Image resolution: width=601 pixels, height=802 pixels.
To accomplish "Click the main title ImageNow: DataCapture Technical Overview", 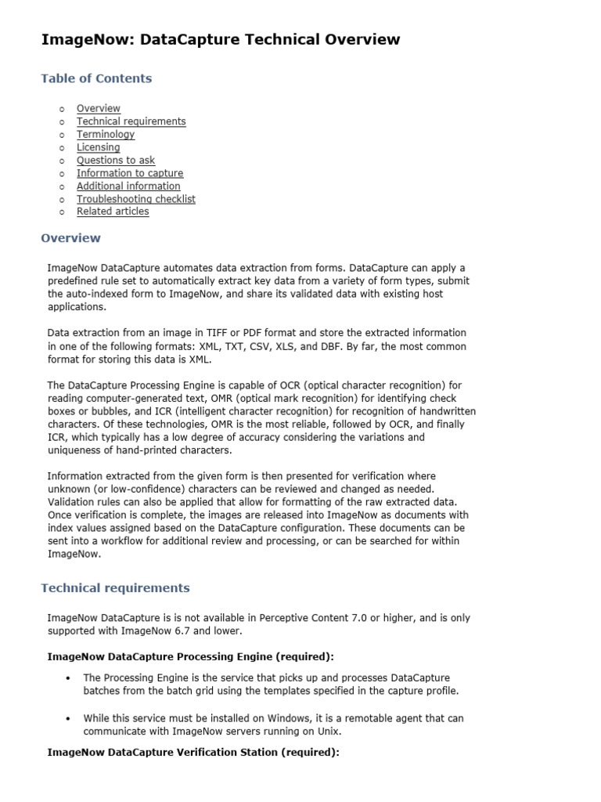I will (220, 39).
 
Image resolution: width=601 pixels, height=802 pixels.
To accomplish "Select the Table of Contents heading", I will (96, 78).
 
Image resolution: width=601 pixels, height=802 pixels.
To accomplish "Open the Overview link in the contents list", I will (98, 108).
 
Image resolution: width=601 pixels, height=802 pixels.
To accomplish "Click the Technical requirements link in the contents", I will (131, 121).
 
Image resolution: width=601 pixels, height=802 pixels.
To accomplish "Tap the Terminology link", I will (105, 134).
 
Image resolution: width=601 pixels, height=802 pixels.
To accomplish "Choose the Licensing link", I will (98, 147).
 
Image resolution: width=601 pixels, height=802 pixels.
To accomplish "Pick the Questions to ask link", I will (115, 160).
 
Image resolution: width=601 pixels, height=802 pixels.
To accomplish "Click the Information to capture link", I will (129, 173).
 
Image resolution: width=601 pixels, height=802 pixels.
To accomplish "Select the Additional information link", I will (128, 186).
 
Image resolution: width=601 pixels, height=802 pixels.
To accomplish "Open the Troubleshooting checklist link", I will (135, 199).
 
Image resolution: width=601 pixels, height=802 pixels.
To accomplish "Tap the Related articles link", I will (112, 211).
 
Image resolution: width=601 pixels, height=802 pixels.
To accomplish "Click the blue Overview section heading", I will (70, 237).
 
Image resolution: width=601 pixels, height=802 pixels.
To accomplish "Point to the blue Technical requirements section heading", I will (115, 587).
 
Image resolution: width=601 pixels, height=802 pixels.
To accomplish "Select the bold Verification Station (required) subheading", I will (193, 752).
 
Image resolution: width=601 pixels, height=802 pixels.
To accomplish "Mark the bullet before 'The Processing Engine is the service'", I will (69, 678).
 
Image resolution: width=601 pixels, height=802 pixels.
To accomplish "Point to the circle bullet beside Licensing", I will (61, 147).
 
